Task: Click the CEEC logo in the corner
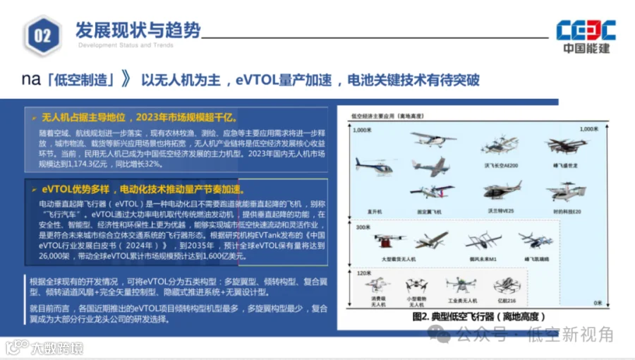pyautogui.click(x=585, y=36)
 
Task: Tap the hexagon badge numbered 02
pyautogui.click(x=42, y=35)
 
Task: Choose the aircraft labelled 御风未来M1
pyautogui.click(x=483, y=241)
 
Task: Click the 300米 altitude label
pyautogui.click(x=362, y=228)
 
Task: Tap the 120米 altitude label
pyautogui.click(x=362, y=272)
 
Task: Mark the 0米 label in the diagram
pyautogui.click(x=598, y=303)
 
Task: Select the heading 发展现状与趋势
pyautogui.click(x=138, y=30)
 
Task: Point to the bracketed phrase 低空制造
pyautogui.click(x=84, y=79)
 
